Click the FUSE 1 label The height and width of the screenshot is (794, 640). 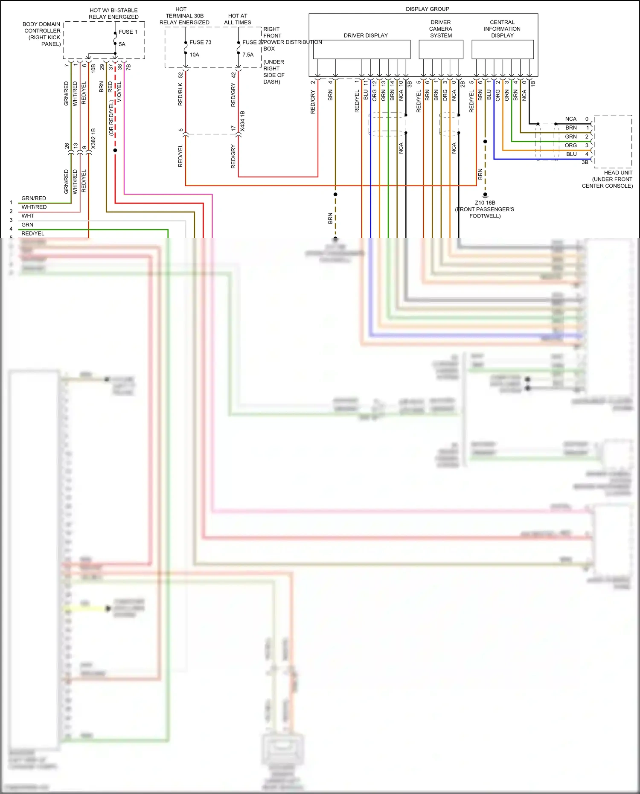(128, 32)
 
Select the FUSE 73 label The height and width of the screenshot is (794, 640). (200, 42)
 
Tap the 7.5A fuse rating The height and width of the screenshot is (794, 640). (248, 55)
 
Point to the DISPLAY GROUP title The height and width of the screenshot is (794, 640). (427, 9)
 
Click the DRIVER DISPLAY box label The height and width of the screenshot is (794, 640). (366, 35)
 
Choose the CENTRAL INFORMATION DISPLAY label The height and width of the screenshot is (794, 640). (502, 29)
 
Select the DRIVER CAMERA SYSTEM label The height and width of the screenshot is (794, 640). (440, 29)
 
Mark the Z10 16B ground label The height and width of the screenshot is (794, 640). (485, 203)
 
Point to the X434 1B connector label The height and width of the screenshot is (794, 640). (242, 121)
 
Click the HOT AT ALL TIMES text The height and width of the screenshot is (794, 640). (238, 19)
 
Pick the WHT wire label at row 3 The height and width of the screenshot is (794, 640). (28, 216)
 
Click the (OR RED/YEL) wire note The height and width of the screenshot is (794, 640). (111, 118)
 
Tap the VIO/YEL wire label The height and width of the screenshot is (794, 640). (119, 92)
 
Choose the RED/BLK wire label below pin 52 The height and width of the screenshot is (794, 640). (180, 94)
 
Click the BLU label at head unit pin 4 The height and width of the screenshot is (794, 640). (571, 154)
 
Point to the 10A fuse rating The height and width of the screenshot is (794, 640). (194, 55)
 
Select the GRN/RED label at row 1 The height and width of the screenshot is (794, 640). (34, 198)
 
